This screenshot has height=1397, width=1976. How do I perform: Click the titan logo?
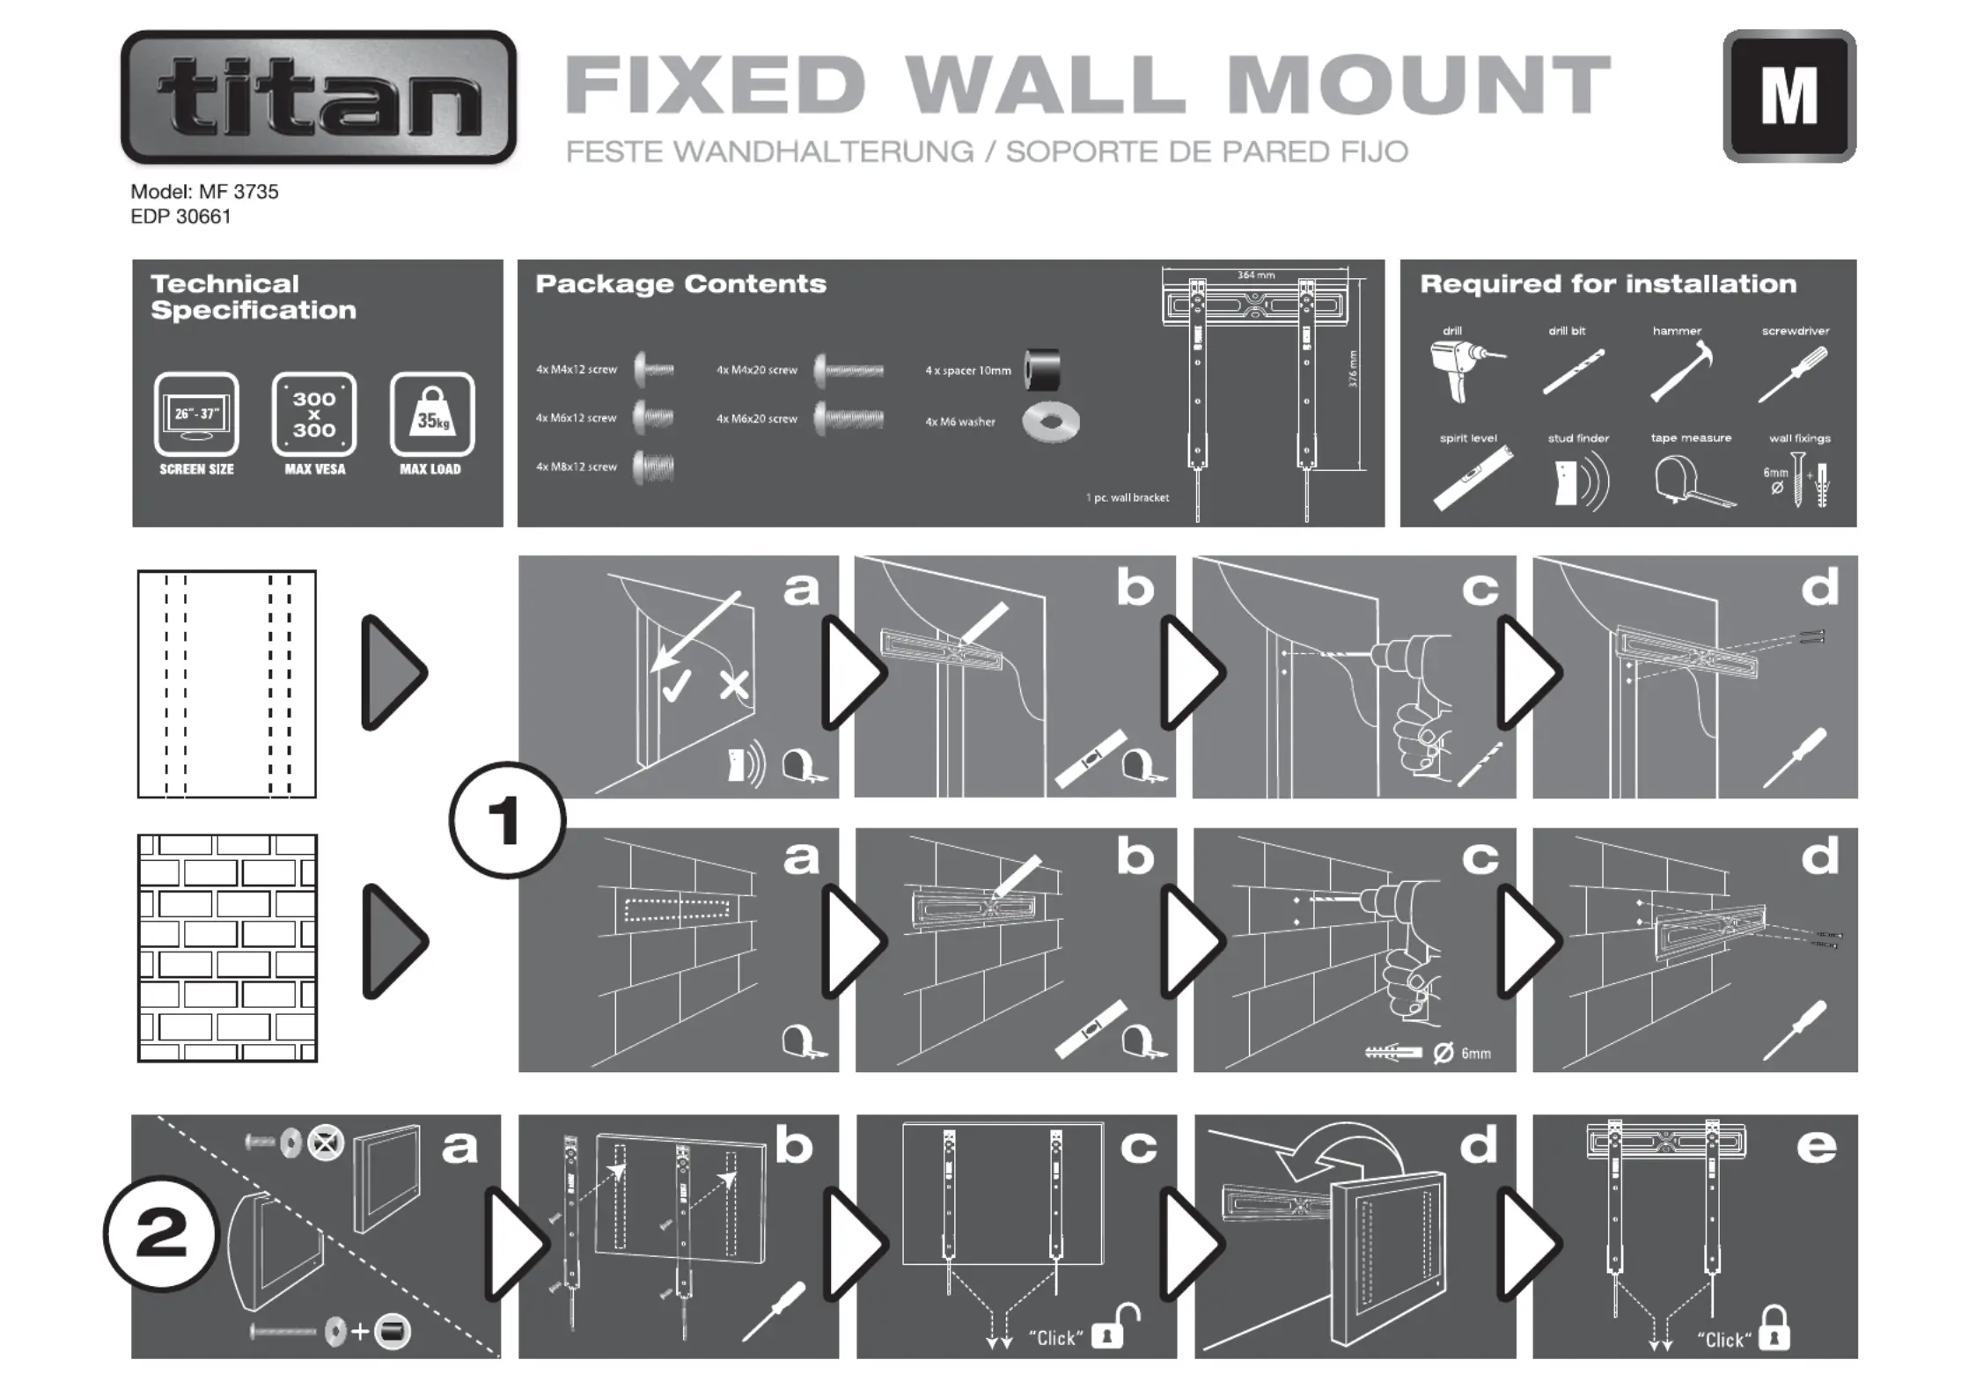pyautogui.click(x=319, y=97)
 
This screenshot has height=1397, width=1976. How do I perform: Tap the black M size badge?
pyautogui.click(x=1789, y=96)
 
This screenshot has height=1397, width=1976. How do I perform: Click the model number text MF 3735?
pyautogui.click(x=238, y=192)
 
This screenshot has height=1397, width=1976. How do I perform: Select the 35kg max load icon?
pyautogui.click(x=431, y=414)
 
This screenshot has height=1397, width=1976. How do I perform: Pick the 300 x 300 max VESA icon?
pyautogui.click(x=314, y=414)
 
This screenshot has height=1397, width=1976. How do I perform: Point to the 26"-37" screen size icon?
pyautogui.click(x=196, y=414)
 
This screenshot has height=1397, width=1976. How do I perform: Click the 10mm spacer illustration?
pyautogui.click(x=1042, y=370)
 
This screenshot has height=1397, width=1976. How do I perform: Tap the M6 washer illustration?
pyautogui.click(x=1050, y=423)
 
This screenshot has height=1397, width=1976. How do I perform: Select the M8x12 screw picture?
pyautogui.click(x=653, y=467)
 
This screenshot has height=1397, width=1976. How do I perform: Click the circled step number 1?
pyautogui.click(x=506, y=820)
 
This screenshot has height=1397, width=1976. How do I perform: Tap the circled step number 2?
pyautogui.click(x=161, y=1233)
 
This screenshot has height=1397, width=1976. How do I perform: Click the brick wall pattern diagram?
pyautogui.click(x=227, y=948)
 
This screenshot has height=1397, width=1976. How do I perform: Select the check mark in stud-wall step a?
pyautogui.click(x=676, y=686)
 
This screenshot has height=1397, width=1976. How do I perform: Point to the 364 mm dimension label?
pyautogui.click(x=1255, y=276)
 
